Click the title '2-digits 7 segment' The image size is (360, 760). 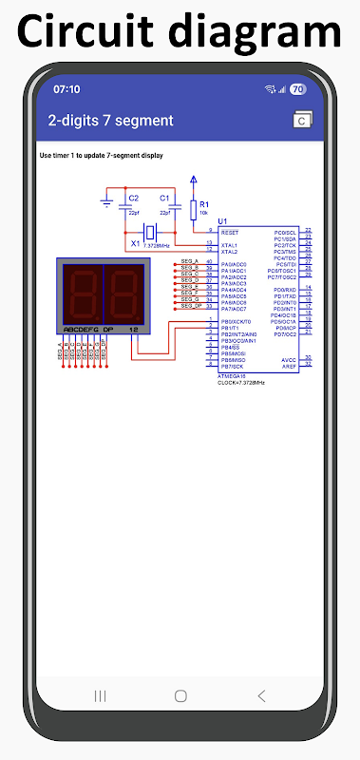(111, 121)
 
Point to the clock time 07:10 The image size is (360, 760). (66, 89)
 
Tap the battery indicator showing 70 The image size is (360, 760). (296, 89)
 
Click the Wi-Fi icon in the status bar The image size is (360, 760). (270, 89)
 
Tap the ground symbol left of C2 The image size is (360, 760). (106, 200)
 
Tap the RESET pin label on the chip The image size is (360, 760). (230, 232)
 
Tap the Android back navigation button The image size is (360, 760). (261, 695)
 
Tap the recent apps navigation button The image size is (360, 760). (100, 695)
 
